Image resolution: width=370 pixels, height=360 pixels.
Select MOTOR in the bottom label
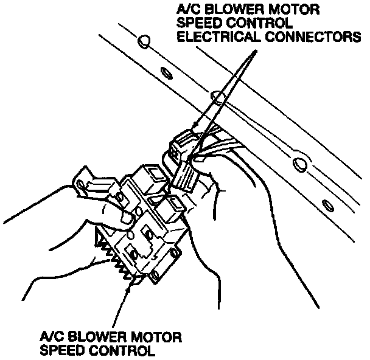click(x=152, y=336)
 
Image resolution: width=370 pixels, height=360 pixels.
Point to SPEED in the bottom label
click(x=65, y=350)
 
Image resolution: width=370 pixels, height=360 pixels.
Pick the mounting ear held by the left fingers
click(x=85, y=182)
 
